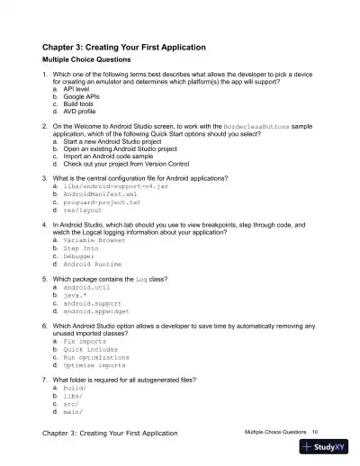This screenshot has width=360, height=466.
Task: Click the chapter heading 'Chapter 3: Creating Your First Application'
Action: tap(124, 47)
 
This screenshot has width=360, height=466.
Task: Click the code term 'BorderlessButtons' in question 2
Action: tap(249, 128)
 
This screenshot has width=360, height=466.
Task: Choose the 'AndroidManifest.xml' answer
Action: tap(100, 193)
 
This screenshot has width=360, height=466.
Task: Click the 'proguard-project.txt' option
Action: tap(102, 202)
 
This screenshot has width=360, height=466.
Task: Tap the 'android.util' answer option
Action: tap(89, 287)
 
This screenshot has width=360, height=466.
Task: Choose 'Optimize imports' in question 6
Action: tap(95, 365)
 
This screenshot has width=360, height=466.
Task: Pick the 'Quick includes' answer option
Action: tap(94, 350)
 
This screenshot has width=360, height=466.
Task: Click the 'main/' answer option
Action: tap(72, 412)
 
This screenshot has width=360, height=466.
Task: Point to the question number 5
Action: tap(45, 279)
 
